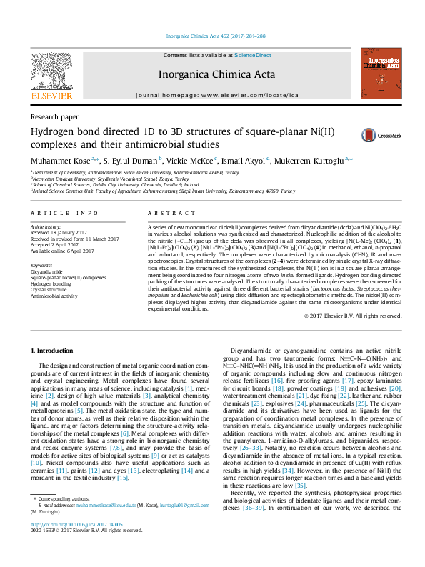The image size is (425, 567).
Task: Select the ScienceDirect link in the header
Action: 253,55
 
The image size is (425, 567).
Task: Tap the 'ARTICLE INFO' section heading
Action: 64,213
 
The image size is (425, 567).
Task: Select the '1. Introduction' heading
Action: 56,351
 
